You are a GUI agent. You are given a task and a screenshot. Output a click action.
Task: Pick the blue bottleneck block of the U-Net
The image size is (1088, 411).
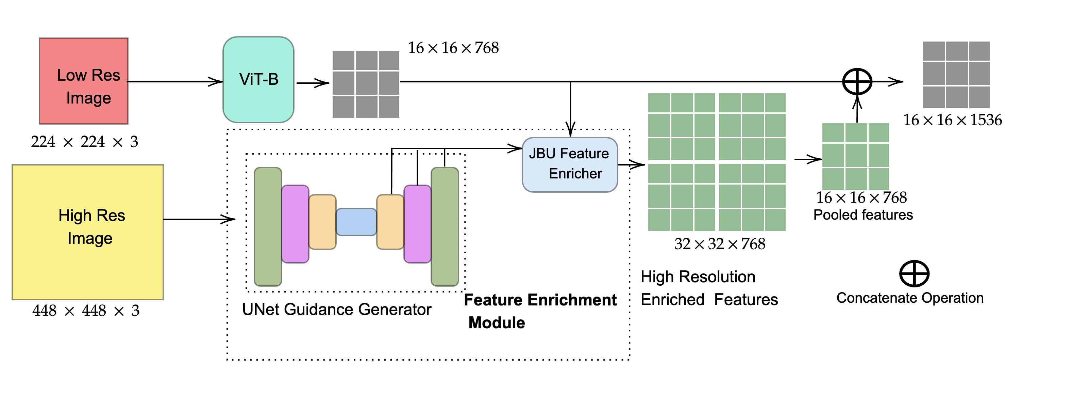(x=356, y=222)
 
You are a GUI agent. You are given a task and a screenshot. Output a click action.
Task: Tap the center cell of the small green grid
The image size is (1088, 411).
(x=856, y=156)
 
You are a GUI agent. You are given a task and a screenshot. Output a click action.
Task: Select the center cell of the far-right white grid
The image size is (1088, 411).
(x=957, y=74)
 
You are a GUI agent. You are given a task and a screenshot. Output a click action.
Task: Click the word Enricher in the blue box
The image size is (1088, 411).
(x=575, y=173)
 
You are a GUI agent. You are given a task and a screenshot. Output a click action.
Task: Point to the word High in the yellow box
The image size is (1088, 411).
(x=75, y=216)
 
